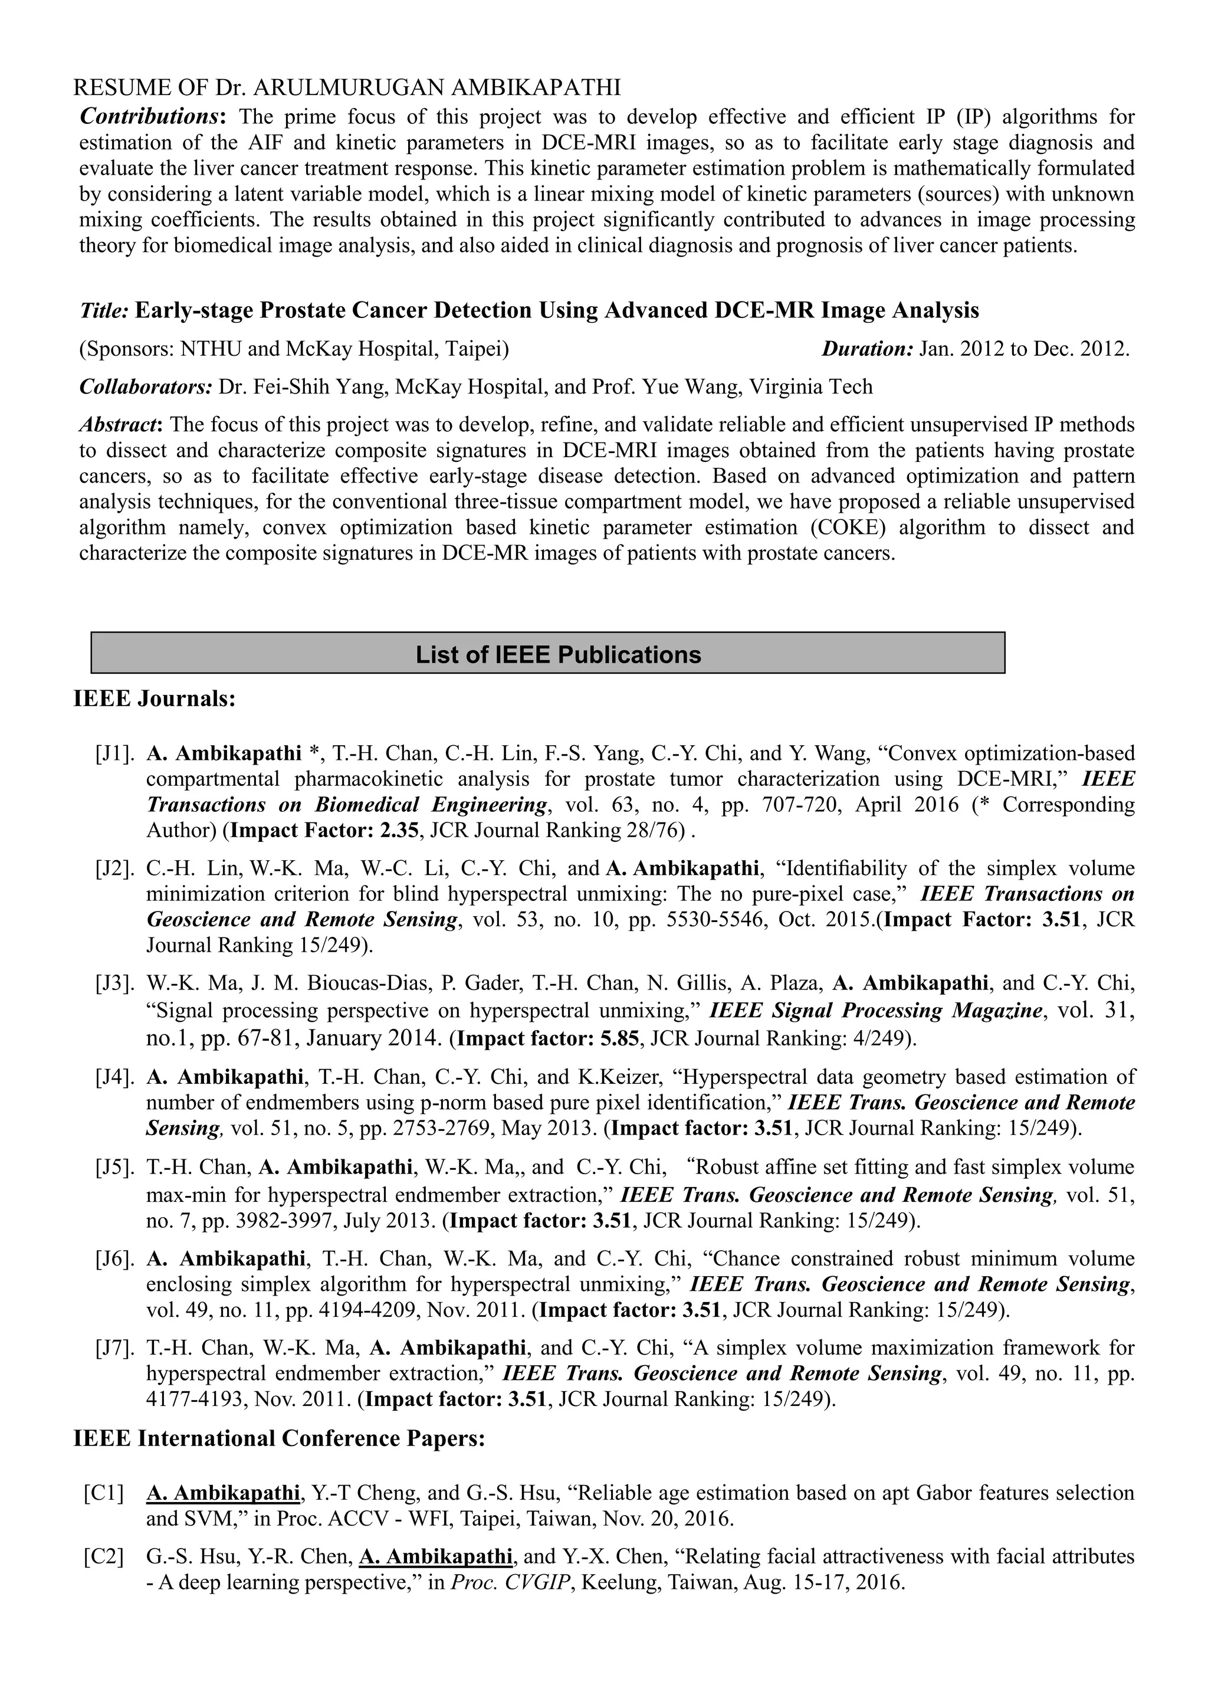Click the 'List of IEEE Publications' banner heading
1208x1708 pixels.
558,655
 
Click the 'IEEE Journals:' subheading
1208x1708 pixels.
154,699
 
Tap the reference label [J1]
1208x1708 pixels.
114,753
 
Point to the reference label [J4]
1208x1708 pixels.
114,1077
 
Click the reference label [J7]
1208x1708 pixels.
114,1348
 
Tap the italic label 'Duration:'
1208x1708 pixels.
866,349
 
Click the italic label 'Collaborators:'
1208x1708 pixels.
146,387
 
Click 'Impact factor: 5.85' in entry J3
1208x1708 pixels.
547,1038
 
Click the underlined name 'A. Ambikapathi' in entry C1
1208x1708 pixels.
222,1493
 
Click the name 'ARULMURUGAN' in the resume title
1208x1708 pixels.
350,88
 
